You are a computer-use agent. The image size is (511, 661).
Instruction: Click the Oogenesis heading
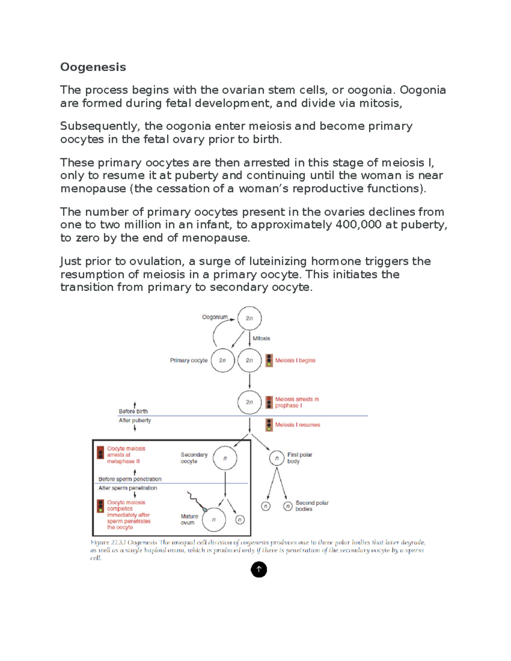[x=93, y=67]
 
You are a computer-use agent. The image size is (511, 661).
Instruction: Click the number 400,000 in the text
[x=358, y=225]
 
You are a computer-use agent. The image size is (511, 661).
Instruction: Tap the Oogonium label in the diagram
[x=215, y=317]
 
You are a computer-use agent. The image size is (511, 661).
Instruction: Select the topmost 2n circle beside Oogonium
[x=249, y=318]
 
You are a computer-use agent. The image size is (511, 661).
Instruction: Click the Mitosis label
[x=261, y=338]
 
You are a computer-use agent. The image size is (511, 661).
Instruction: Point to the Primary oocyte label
[x=189, y=361]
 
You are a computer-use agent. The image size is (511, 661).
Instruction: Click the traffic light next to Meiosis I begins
[x=269, y=361]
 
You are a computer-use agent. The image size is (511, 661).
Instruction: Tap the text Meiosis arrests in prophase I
[x=296, y=402]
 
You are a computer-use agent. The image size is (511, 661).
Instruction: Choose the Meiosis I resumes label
[x=297, y=425]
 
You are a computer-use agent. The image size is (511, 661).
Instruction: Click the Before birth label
[x=133, y=411]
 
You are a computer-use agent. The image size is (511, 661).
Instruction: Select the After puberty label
[x=135, y=420]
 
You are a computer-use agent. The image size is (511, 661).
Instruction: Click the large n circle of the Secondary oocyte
[x=225, y=458]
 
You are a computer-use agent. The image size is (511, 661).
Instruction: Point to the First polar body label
[x=299, y=458]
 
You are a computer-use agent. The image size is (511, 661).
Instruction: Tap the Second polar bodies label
[x=312, y=506]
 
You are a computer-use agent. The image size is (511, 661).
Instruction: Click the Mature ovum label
[x=189, y=519]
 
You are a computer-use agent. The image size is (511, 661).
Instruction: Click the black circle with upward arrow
[x=259, y=569]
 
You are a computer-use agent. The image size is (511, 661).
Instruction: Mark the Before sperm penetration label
[x=130, y=479]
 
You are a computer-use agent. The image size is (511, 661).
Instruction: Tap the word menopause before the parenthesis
[x=93, y=189]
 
